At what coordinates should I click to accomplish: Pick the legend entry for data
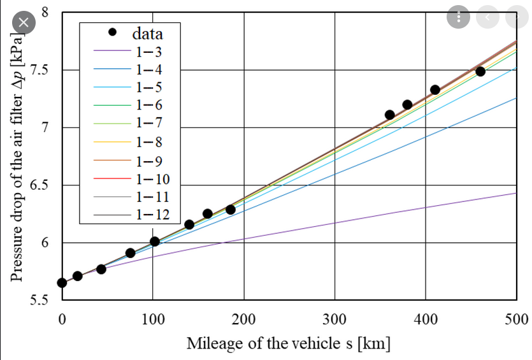coord(147,32)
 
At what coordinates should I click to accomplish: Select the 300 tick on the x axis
coord(335,319)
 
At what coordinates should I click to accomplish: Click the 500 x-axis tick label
coord(516,319)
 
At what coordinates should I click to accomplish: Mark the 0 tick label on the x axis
coord(62,319)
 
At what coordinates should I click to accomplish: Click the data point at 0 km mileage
coord(62,283)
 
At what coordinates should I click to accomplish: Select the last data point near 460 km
coord(480,71)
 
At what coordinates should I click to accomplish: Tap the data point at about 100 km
coord(155,241)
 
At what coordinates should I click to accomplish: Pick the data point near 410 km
coord(435,90)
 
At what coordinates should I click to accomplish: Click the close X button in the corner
coord(24,22)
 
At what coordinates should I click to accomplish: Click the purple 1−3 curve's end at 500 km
coord(515,193)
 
